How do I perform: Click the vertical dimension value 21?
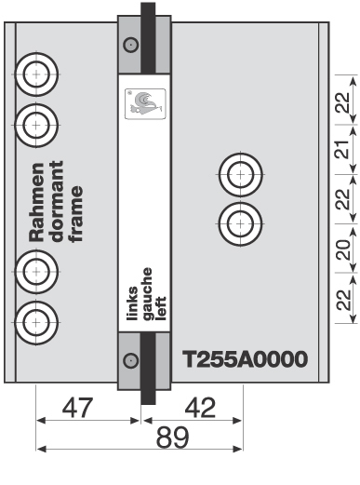[x=343, y=149]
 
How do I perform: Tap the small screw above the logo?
[x=130, y=43]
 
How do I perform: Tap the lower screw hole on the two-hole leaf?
[x=240, y=222]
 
